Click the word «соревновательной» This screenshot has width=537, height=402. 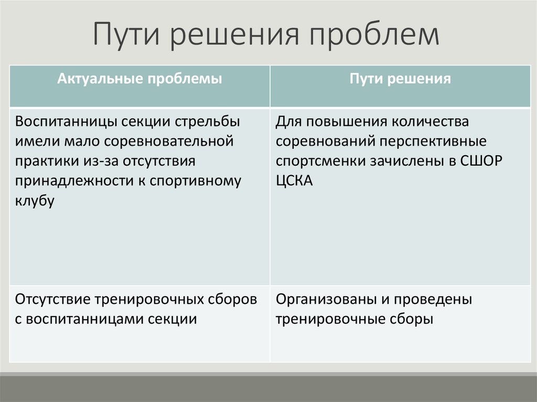(168, 142)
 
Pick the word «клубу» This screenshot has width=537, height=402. (35, 201)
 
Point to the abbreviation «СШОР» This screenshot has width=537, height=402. (481, 161)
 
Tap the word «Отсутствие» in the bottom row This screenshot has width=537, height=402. (53, 300)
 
